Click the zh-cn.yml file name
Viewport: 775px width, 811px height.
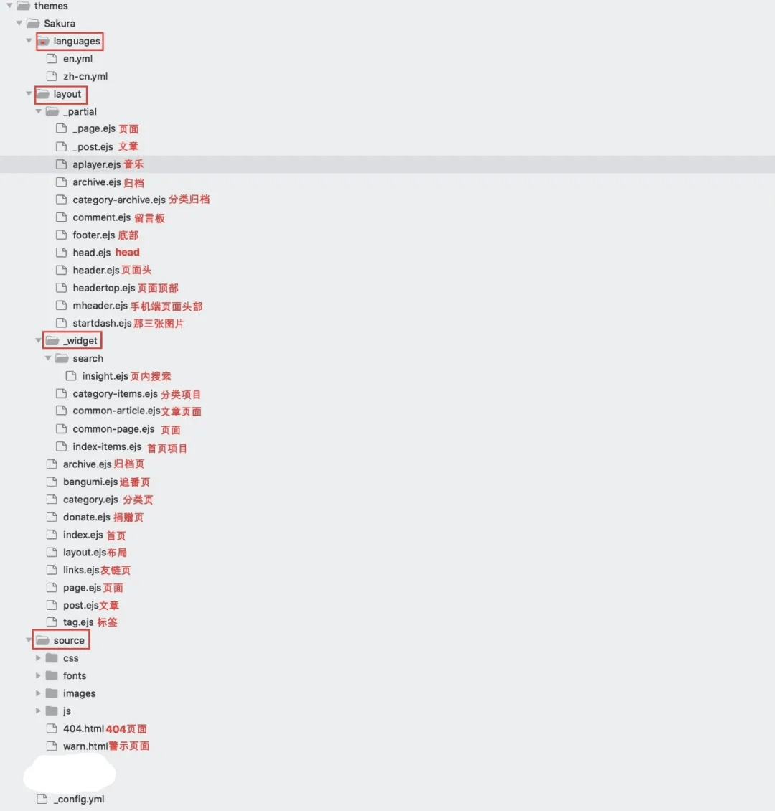(x=85, y=77)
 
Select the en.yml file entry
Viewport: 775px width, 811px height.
(x=77, y=59)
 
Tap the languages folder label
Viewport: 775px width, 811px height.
(x=77, y=42)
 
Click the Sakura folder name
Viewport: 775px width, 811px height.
(x=60, y=23)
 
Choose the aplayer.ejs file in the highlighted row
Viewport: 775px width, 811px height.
(x=97, y=164)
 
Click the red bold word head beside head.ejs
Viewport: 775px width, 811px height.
(x=127, y=253)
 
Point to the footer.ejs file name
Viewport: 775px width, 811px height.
(x=93, y=235)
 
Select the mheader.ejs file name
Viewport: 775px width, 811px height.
(x=100, y=306)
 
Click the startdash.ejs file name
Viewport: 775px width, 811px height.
(x=102, y=323)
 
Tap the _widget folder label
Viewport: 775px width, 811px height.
(x=80, y=341)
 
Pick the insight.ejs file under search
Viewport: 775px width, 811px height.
(x=105, y=376)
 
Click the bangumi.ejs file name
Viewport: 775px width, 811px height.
(x=90, y=482)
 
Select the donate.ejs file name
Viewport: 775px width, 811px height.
(x=87, y=517)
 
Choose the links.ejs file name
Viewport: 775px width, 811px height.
(x=81, y=570)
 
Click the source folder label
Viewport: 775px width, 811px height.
(x=69, y=641)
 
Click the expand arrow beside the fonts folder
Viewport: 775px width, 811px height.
(x=38, y=676)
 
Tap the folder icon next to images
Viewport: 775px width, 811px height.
(x=52, y=693)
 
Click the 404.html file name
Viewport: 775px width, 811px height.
(x=83, y=728)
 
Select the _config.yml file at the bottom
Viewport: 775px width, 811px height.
(x=79, y=799)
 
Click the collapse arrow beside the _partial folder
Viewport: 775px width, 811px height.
(x=38, y=112)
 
